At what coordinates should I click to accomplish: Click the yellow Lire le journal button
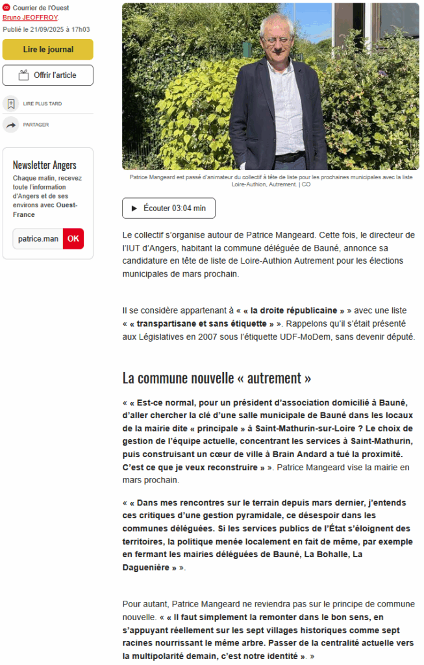coord(48,49)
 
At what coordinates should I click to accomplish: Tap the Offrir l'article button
coord(48,75)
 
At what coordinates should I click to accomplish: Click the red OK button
coord(73,238)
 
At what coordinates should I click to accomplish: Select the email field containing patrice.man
coord(38,238)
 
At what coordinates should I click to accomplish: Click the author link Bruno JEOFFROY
coord(30,18)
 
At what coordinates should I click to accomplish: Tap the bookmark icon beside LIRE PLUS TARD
coord(11,103)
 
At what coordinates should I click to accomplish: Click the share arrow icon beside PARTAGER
coord(11,125)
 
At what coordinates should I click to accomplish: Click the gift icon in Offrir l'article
coord(24,75)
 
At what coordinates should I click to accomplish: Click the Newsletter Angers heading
coord(45,165)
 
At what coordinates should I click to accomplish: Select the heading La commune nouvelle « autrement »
coord(217,377)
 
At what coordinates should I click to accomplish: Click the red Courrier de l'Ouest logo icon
coord(6,8)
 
